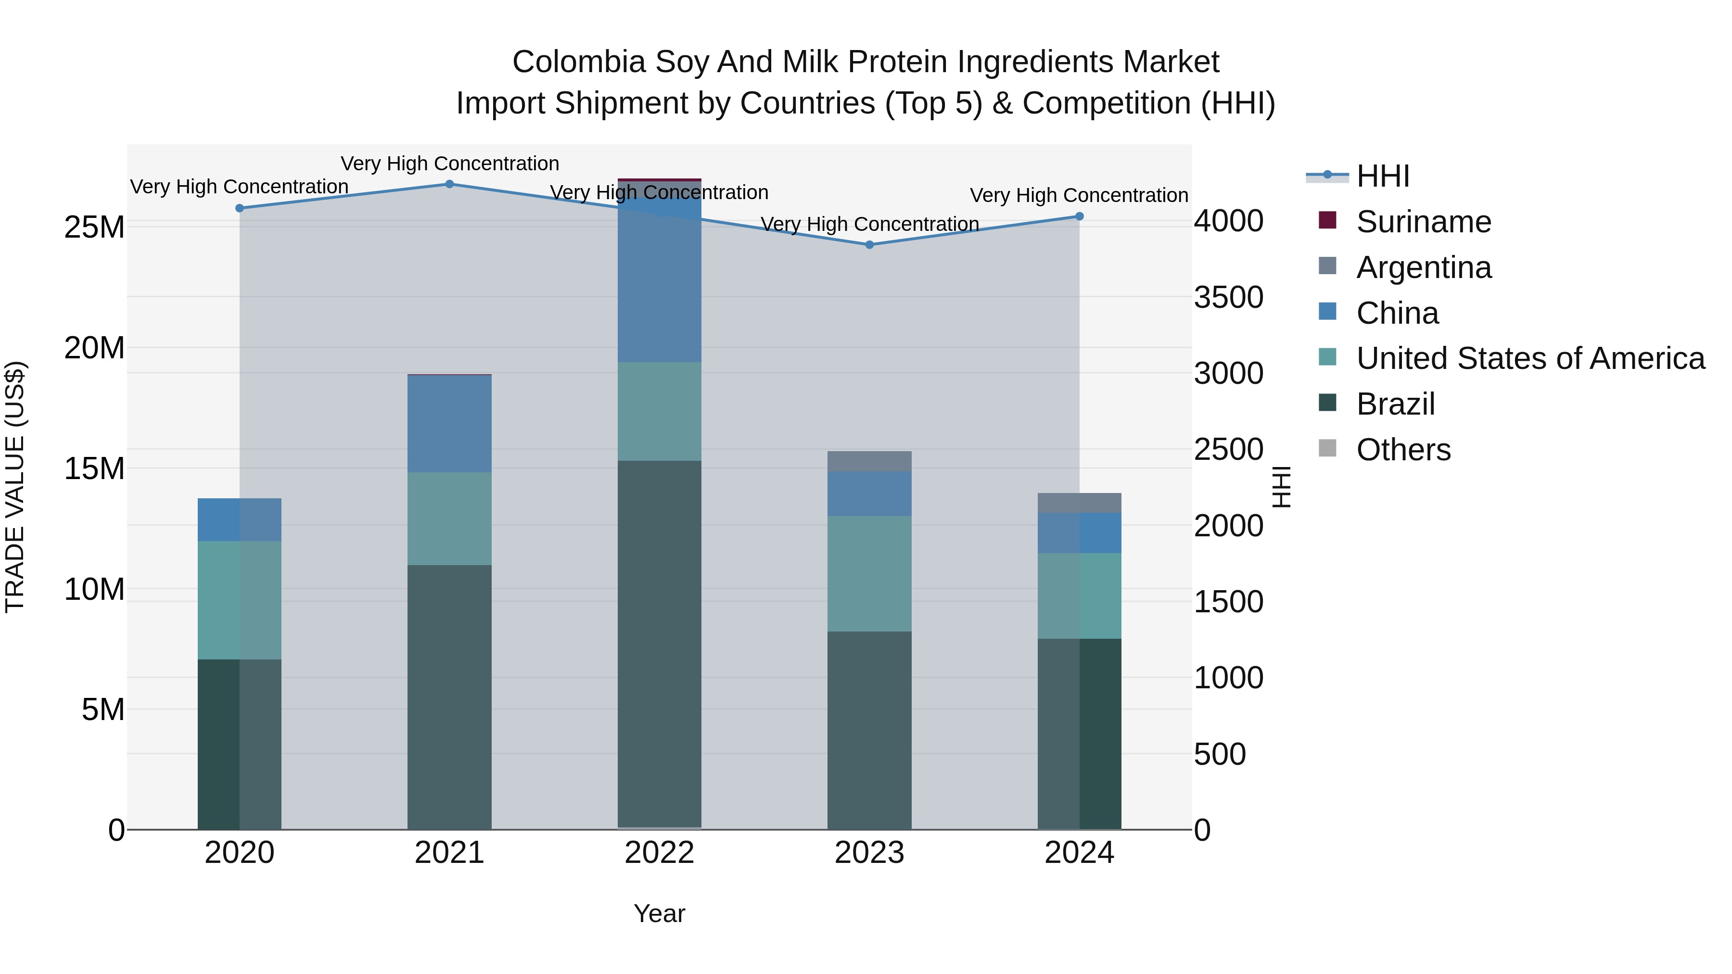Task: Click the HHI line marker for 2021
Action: [x=450, y=184]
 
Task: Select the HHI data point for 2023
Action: [x=869, y=245]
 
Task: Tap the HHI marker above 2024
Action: [x=1079, y=216]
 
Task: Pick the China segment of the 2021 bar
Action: [x=450, y=423]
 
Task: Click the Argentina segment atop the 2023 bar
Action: [x=869, y=461]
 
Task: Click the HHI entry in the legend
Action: [x=1382, y=176]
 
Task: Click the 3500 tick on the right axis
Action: [x=1228, y=297]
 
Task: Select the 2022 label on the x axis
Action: [x=660, y=853]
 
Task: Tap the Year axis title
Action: [x=660, y=913]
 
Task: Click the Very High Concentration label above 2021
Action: [x=450, y=164]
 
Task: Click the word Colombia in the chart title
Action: [x=578, y=62]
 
